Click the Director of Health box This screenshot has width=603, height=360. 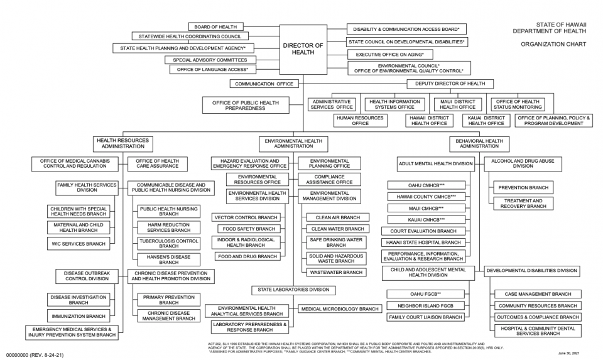click(x=303, y=49)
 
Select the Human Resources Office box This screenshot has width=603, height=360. click(x=360, y=121)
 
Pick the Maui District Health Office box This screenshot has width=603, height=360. click(x=458, y=104)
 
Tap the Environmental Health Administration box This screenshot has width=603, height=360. click(x=293, y=143)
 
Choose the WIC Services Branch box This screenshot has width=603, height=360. click(x=79, y=244)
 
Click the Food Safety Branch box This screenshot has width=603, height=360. click(x=246, y=229)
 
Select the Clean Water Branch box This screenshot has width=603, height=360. click(x=337, y=229)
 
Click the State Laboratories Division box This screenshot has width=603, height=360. click(x=293, y=290)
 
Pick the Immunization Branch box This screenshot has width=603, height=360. click(x=79, y=316)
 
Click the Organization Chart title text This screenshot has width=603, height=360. click(x=553, y=45)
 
